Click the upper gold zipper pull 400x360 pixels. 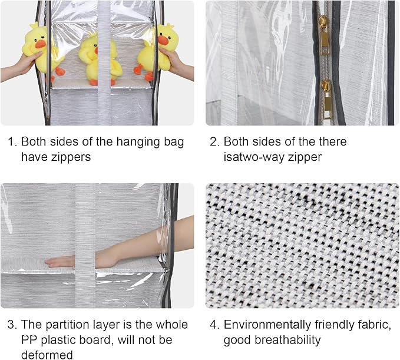[323, 32]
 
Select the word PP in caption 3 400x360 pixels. [29, 340]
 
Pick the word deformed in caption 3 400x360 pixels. [47, 355]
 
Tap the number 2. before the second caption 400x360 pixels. [214, 142]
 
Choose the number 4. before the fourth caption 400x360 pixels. [214, 325]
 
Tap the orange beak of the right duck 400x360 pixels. [163, 40]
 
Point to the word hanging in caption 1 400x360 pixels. [125, 142]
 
